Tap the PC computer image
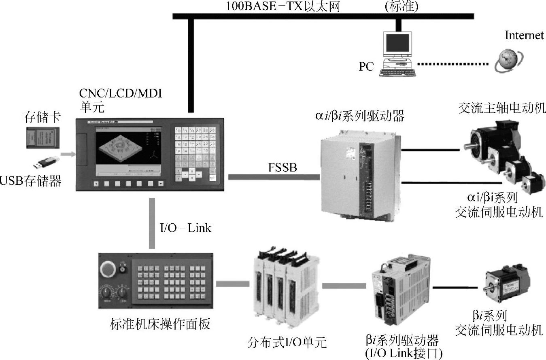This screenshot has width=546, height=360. [x=398, y=53]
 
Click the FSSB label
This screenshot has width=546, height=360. [x=283, y=167]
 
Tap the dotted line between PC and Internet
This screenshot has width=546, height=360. [x=453, y=64]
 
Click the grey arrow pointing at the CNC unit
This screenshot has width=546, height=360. [x=68, y=154]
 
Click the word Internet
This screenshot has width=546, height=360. [x=524, y=36]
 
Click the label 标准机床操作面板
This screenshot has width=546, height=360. [x=160, y=324]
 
